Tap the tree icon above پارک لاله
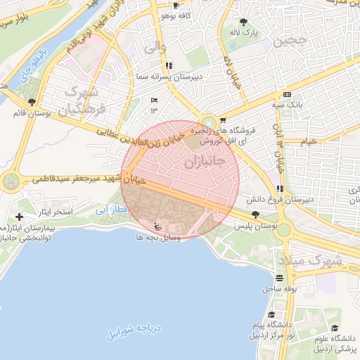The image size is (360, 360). click(244, 22)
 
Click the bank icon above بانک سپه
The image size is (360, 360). click(286, 95)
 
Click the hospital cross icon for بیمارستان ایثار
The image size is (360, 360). click(19, 217)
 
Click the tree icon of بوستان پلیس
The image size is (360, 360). click(255, 216)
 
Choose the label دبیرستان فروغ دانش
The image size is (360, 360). click(309, 200)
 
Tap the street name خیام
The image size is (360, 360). click(308, 141)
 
